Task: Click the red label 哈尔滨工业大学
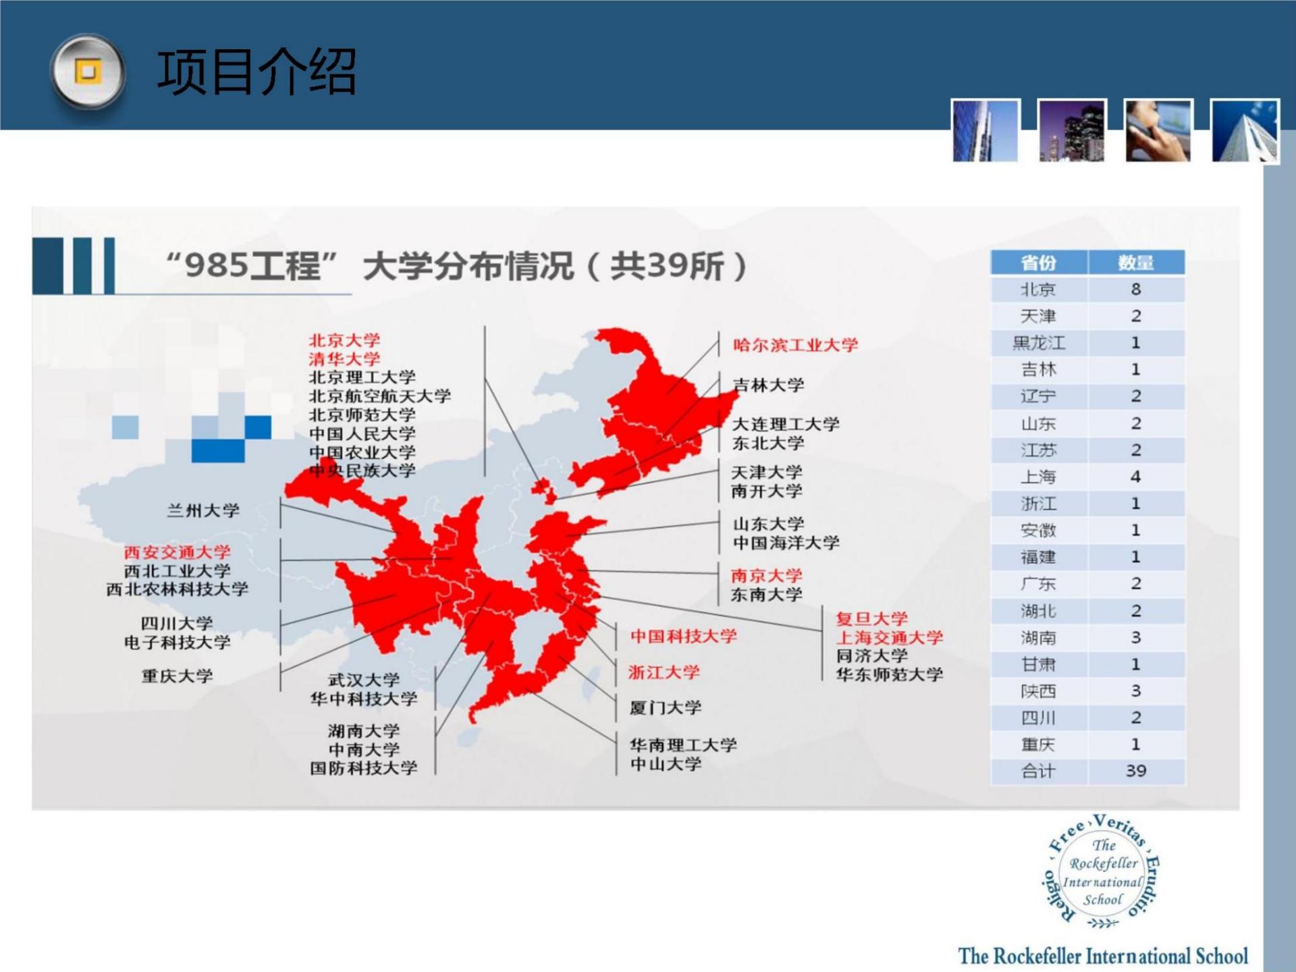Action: pyautogui.click(x=795, y=345)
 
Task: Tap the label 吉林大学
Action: pyautogui.click(x=768, y=385)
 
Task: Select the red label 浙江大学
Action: pyautogui.click(x=664, y=672)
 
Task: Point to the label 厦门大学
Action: pyautogui.click(x=666, y=707)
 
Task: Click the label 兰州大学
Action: pyautogui.click(x=203, y=510)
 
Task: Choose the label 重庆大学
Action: pyautogui.click(x=177, y=676)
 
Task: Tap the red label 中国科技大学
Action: pyautogui.click(x=684, y=636)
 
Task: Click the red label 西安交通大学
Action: pyautogui.click(x=177, y=552)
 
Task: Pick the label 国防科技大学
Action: pyautogui.click(x=364, y=768)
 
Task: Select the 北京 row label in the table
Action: pyautogui.click(x=1037, y=290)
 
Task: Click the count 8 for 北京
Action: pyautogui.click(x=1136, y=290)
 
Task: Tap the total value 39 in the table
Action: pyautogui.click(x=1136, y=771)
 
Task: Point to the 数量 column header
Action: pyautogui.click(x=1136, y=263)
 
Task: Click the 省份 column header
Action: pyautogui.click(x=1038, y=263)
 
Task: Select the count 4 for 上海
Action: pyautogui.click(x=1136, y=477)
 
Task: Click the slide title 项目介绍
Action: pyautogui.click(x=256, y=72)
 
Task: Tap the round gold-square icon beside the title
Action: pyautogui.click(x=88, y=71)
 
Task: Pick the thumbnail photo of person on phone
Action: pyautogui.click(x=1158, y=130)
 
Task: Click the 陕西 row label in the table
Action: pyautogui.click(x=1038, y=691)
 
